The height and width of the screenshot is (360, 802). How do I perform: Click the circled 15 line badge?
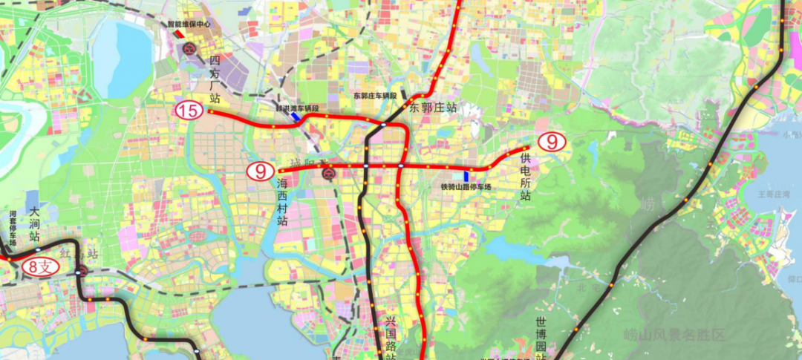pos(189,111)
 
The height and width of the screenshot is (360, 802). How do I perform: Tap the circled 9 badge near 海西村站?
pos(261,171)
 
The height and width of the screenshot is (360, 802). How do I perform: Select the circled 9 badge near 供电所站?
pos(552,141)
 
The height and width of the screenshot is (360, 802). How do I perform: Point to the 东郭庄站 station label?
pos(433,108)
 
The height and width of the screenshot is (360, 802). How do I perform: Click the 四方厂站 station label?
pos(215,79)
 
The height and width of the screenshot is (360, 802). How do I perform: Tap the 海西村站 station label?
pos(282,201)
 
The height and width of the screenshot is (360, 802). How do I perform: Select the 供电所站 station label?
pos(526,177)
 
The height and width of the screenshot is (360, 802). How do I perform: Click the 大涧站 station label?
pos(33,223)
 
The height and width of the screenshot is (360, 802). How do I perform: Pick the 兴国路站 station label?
pos(391,338)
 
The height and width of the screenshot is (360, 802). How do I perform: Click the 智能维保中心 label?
pos(189,24)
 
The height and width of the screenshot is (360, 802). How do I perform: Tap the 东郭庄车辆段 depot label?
pos(375,96)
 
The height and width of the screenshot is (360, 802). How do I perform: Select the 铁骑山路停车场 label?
pos(466,187)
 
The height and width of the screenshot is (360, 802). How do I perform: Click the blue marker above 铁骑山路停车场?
pos(466,176)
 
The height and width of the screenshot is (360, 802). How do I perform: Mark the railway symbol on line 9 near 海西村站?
pos(328,174)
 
